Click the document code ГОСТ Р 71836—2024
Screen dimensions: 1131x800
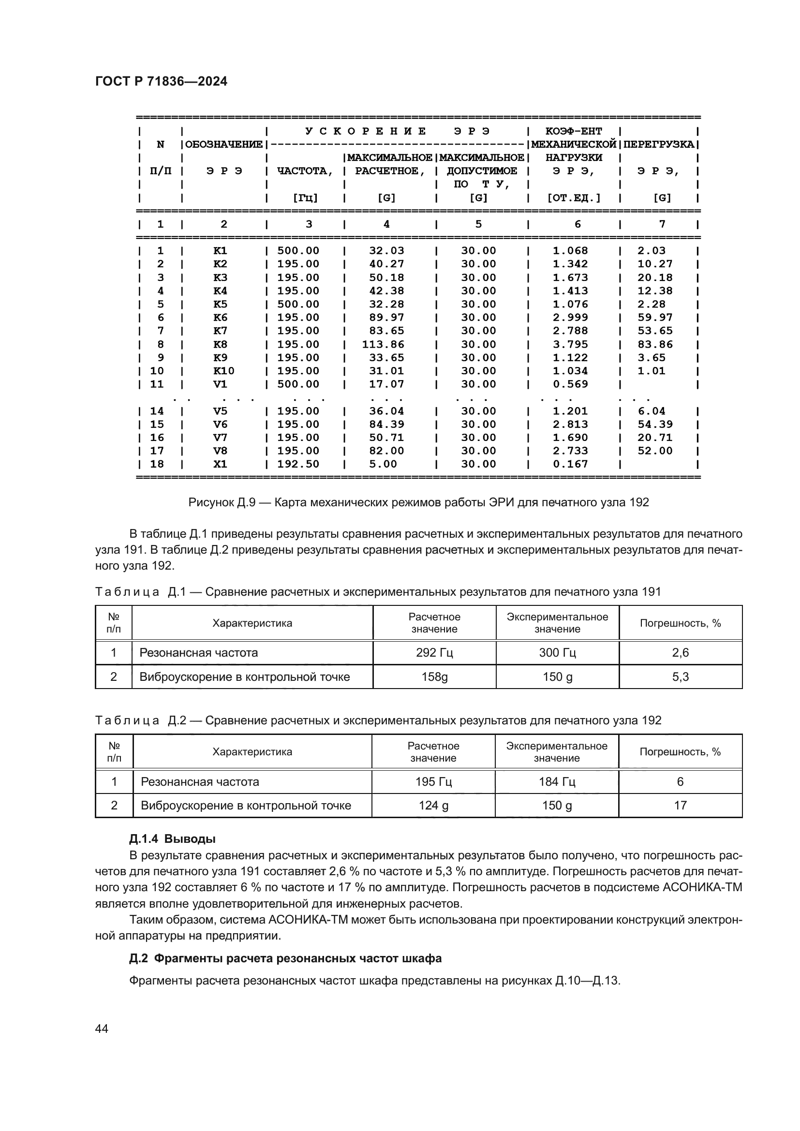tap(161, 81)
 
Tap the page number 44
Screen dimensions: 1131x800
tap(102, 1028)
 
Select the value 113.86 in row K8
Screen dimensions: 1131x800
tap(383, 344)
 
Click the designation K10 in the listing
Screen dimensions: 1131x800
tap(223, 371)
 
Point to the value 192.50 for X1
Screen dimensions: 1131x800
tap(298, 464)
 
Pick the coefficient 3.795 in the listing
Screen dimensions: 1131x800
tap(570, 344)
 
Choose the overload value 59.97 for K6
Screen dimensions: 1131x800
tap(655, 318)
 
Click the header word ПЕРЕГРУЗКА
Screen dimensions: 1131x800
tap(659, 144)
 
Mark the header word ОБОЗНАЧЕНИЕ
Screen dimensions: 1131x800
tap(223, 144)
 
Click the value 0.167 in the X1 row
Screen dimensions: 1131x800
tap(570, 464)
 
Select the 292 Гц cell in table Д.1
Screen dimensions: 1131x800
tap(434, 653)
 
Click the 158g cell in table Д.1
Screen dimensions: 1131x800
tap(434, 677)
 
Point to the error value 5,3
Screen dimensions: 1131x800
tap(681, 677)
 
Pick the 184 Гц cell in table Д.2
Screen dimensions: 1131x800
tap(557, 782)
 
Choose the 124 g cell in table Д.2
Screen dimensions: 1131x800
tap(433, 806)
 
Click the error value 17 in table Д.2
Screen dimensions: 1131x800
tap(681, 806)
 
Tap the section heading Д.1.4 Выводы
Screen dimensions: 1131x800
tap(172, 839)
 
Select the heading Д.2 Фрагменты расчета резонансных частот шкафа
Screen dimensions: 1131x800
tap(285, 958)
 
